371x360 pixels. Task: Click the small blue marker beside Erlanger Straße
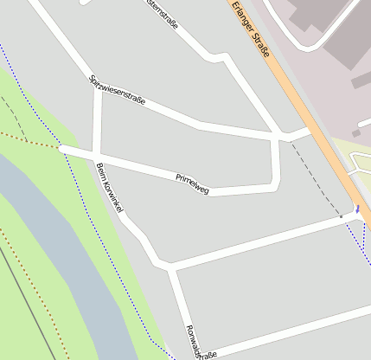click(x=357, y=209)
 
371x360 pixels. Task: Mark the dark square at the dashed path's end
click(x=341, y=215)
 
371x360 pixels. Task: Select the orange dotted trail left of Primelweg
click(x=26, y=139)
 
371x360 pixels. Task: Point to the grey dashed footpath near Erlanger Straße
click(x=315, y=178)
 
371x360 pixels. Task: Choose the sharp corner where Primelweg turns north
click(x=276, y=185)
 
